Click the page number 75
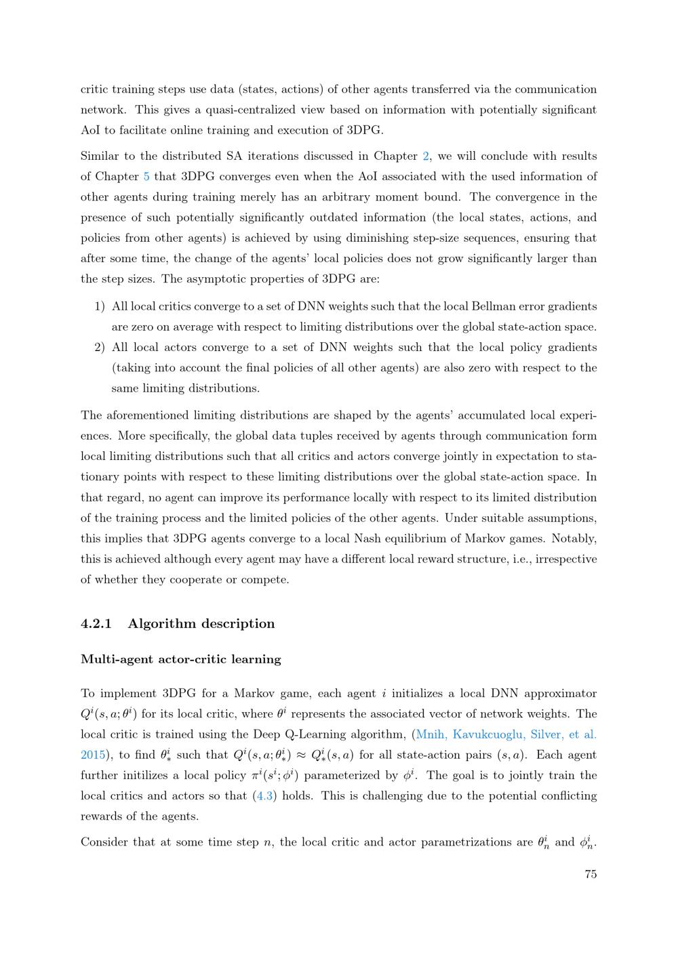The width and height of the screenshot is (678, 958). click(590, 874)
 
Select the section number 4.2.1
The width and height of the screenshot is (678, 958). click(96, 624)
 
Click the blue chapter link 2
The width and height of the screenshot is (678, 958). click(426, 156)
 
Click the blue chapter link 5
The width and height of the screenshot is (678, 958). click(146, 177)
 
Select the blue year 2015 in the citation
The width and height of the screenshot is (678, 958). click(93, 755)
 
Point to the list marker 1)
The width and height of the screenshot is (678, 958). click(99, 307)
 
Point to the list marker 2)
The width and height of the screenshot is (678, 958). click(99, 348)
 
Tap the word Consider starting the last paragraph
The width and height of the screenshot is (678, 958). click(104, 842)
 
